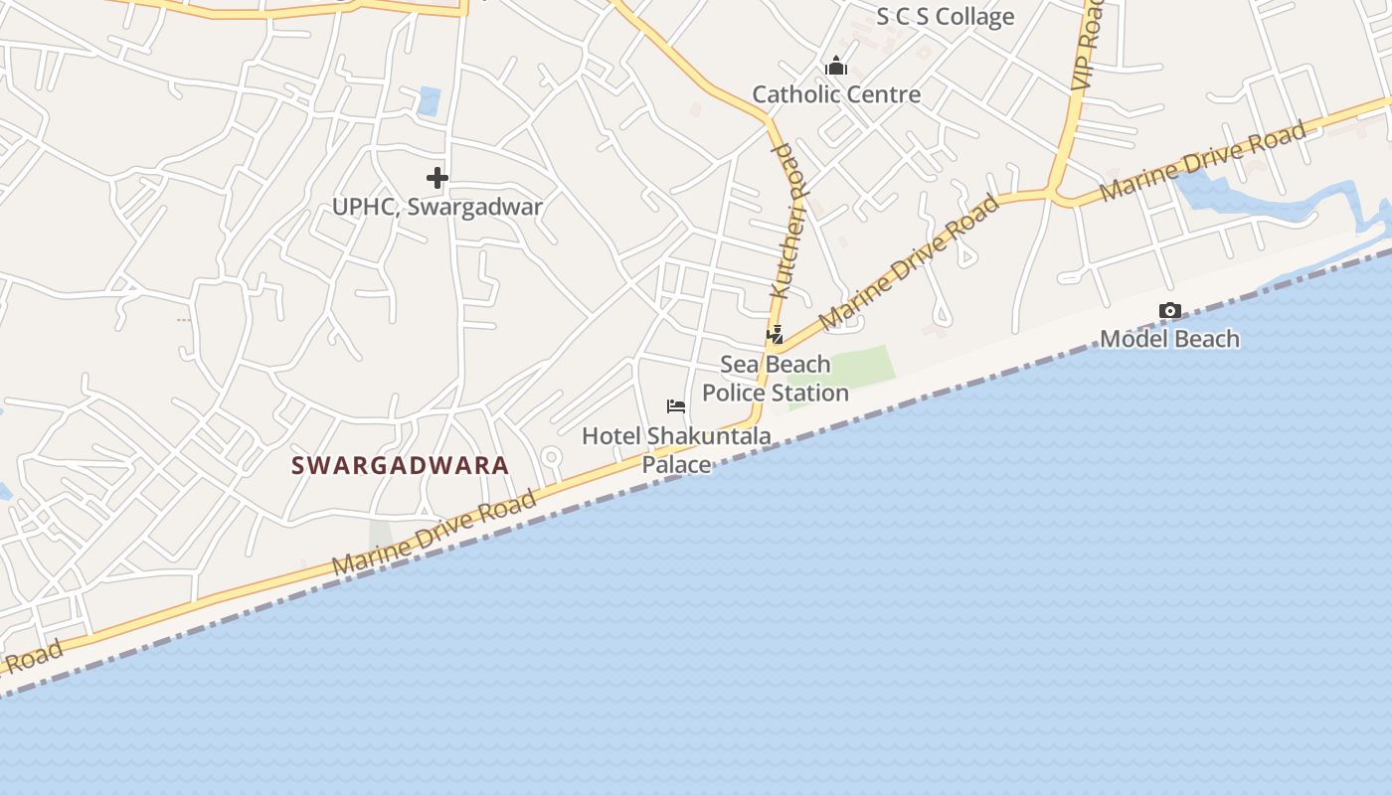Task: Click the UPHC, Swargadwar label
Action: point(437,207)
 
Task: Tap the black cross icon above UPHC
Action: point(437,178)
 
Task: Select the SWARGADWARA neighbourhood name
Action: point(400,465)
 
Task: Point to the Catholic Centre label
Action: point(836,94)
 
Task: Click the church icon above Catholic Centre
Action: point(836,67)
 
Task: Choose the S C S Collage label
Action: point(945,17)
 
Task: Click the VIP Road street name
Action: point(1089,45)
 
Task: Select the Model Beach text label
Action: point(1169,339)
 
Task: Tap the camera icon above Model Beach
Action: point(1170,311)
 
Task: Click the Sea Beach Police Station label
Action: point(776,379)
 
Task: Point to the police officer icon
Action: point(775,335)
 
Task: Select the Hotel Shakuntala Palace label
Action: point(676,449)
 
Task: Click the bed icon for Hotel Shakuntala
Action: point(676,405)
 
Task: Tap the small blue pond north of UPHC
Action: point(430,100)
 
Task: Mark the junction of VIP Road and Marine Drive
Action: point(1052,192)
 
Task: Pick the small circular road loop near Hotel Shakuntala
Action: point(551,457)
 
